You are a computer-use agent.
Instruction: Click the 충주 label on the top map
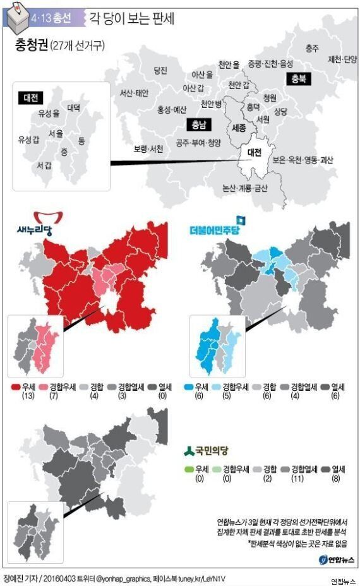(x=311, y=48)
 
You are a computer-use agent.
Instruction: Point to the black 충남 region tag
(x=198, y=124)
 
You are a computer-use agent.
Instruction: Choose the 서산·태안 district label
(x=134, y=93)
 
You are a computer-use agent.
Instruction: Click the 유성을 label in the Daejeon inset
(x=49, y=113)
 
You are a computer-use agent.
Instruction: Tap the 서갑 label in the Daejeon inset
(x=44, y=165)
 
